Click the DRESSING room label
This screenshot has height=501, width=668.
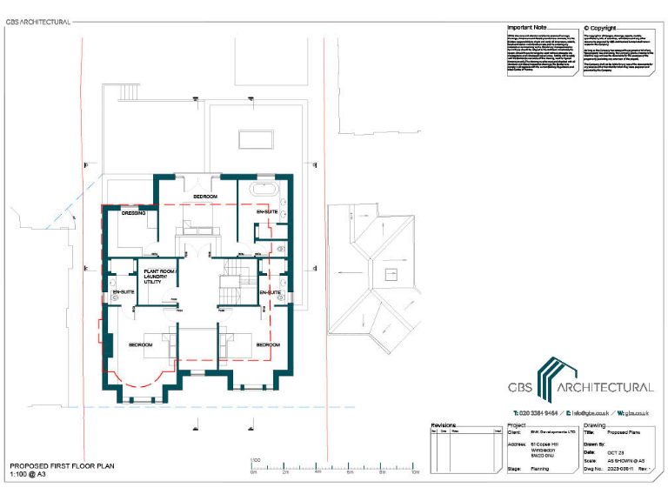click(x=133, y=212)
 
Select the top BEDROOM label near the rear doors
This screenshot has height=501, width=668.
click(x=205, y=197)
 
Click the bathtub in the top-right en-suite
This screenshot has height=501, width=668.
click(x=264, y=188)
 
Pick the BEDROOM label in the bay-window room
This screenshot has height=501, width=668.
click(x=141, y=345)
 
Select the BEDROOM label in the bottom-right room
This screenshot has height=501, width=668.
click(x=267, y=345)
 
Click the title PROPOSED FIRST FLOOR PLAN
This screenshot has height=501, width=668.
click(x=62, y=466)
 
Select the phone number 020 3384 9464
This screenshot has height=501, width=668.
click(x=535, y=412)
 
